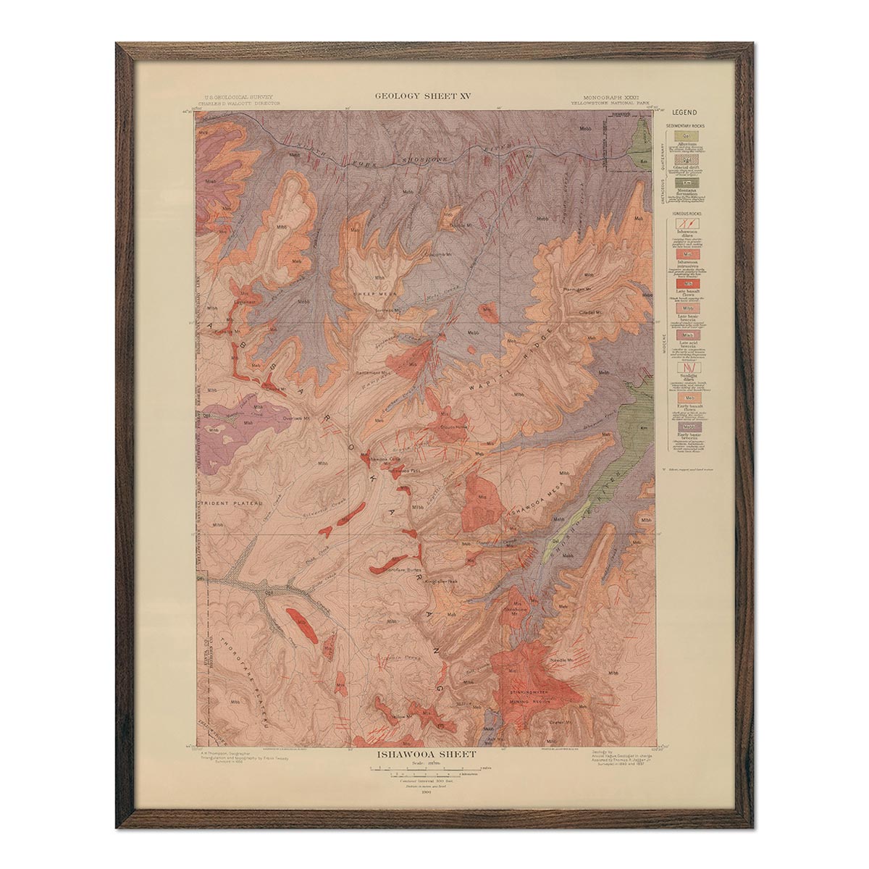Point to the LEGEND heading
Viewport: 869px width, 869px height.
(x=684, y=112)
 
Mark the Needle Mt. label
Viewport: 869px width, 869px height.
(x=561, y=660)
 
